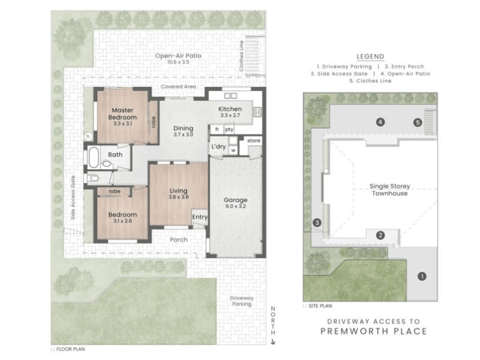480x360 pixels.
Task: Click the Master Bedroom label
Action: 122,114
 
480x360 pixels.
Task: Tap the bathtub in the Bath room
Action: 94,157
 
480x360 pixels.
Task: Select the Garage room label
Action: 235,200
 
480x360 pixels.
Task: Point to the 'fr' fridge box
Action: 217,129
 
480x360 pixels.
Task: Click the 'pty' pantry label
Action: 229,129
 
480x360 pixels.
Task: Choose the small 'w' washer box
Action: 233,151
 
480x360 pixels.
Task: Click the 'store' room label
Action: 253,140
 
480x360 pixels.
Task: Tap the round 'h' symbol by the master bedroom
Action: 88,137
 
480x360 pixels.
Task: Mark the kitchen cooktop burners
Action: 257,112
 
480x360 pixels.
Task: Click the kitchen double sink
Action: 230,96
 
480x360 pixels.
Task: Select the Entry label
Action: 200,217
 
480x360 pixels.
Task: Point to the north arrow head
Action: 273,342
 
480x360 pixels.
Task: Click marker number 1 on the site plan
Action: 422,277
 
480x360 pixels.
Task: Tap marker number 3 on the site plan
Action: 317,223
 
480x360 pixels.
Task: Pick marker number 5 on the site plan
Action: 418,122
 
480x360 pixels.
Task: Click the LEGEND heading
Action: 370,56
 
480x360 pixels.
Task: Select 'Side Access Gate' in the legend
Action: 339,74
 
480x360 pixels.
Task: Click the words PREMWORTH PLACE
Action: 373,331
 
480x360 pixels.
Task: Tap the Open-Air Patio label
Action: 178,56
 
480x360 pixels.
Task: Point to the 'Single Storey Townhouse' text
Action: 389,190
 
